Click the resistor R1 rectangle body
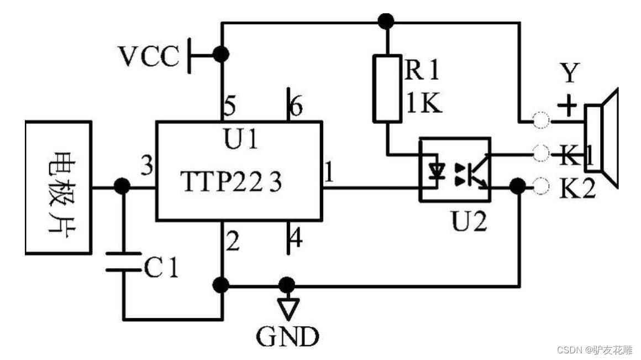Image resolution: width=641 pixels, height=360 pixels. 387,88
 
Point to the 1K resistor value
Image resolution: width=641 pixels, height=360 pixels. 424,103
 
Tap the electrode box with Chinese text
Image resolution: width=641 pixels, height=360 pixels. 57,188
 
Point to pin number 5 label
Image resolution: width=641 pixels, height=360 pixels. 230,106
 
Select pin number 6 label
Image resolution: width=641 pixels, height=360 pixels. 296,107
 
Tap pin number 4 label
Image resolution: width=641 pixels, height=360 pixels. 296,239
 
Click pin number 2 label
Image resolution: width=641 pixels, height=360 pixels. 233,242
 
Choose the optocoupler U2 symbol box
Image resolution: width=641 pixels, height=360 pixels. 454,169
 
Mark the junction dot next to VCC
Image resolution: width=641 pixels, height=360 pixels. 222,54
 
